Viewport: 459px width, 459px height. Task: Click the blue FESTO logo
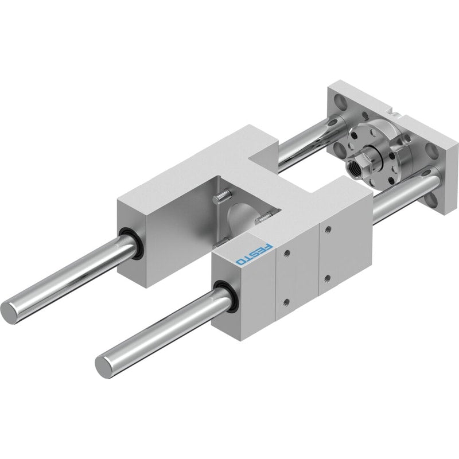click(x=254, y=254)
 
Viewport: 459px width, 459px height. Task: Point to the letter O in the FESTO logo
click(x=240, y=262)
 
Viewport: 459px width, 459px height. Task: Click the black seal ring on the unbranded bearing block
click(x=130, y=243)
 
